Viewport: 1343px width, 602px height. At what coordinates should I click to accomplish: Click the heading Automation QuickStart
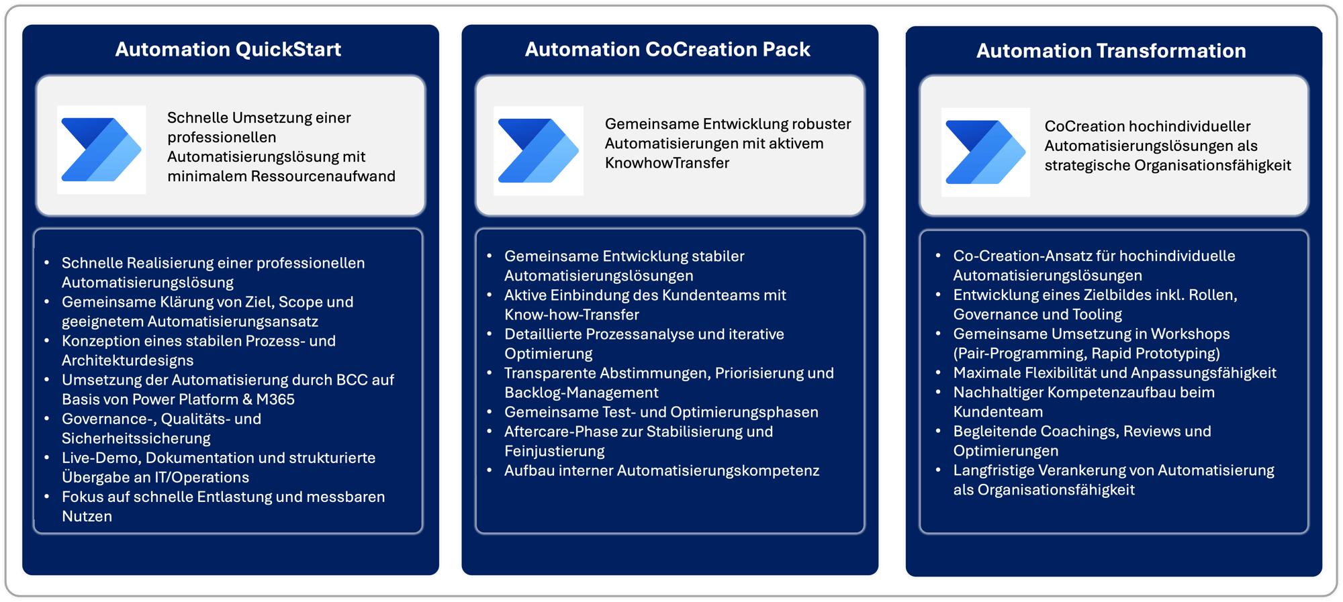[x=228, y=50]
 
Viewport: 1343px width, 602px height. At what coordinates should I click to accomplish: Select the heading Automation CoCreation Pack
[x=667, y=50]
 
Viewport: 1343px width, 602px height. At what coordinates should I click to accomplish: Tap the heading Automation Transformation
[x=1111, y=51]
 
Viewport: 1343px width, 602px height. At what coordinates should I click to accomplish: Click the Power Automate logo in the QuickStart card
[x=101, y=150]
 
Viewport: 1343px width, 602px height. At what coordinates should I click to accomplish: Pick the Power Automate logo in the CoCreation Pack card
[x=539, y=150]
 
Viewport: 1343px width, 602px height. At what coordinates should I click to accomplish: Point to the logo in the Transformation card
[x=985, y=152]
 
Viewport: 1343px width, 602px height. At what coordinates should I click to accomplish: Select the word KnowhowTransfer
[x=667, y=163]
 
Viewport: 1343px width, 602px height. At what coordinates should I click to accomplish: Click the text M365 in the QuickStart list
[x=275, y=399]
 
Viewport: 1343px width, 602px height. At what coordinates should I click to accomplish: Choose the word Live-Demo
[x=93, y=458]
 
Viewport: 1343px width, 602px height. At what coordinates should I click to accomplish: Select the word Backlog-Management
[x=581, y=393]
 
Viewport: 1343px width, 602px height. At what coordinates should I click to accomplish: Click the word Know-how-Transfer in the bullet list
[x=571, y=315]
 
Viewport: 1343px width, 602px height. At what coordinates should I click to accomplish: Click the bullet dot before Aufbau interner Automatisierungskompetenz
[x=490, y=470]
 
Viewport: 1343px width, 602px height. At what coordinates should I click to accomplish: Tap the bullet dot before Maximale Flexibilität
[x=938, y=372]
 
